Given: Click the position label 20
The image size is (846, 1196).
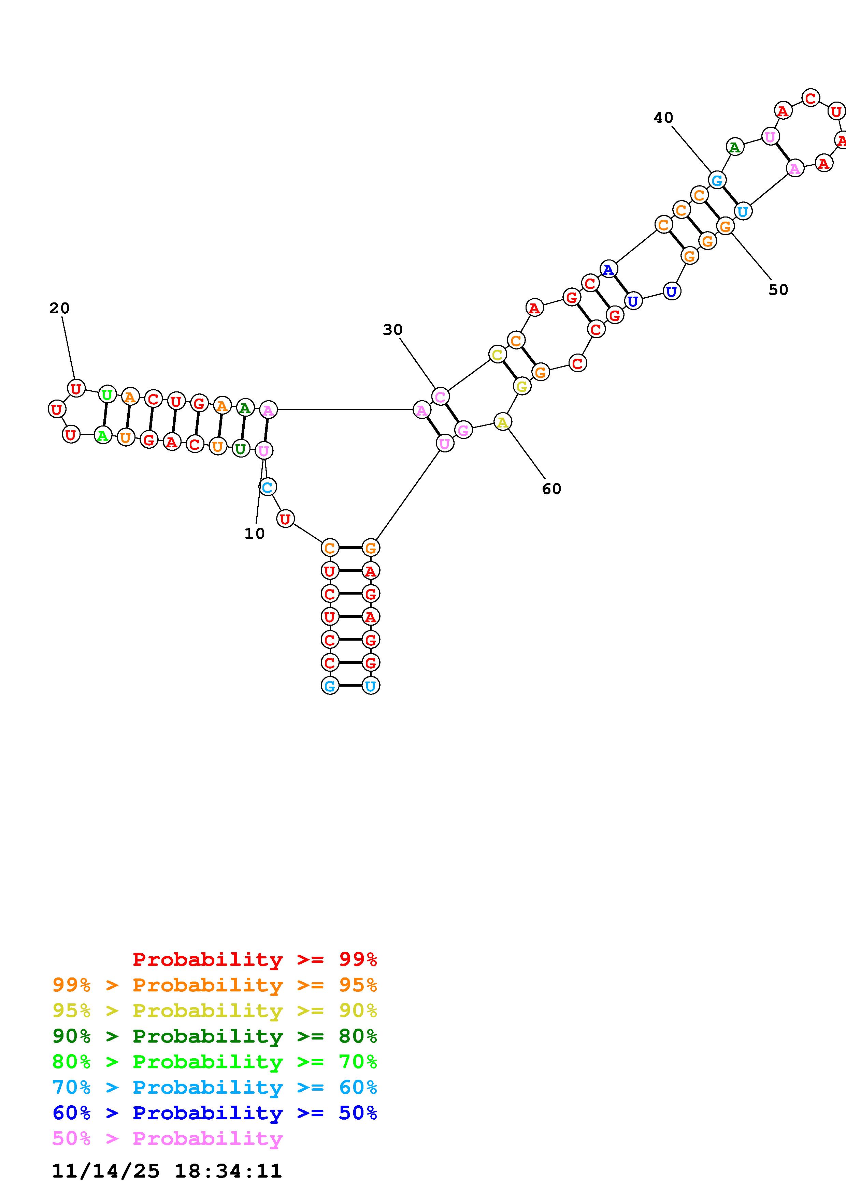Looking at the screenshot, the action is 59,309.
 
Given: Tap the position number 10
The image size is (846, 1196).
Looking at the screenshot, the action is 254,534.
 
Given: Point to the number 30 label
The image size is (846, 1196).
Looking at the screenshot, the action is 392,330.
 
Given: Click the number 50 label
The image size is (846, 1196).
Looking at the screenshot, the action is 778,290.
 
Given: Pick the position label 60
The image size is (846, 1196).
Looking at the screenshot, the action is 551,489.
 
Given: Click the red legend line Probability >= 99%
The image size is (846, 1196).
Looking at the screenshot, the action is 255,959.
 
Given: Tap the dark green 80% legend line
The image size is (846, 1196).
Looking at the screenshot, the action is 215,1036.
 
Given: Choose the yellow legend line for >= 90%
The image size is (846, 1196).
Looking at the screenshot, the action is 215,1011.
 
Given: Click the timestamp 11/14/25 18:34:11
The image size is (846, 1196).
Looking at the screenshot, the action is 167,1171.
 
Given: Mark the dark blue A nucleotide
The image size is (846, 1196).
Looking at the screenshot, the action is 608,270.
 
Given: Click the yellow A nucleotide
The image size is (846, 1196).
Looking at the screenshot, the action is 502,422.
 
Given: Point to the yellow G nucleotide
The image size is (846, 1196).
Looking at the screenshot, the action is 521,387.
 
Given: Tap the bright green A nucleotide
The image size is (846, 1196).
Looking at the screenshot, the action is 103,435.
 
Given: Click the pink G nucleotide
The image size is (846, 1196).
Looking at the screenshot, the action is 463,430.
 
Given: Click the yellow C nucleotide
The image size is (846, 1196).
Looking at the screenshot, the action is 497,355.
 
